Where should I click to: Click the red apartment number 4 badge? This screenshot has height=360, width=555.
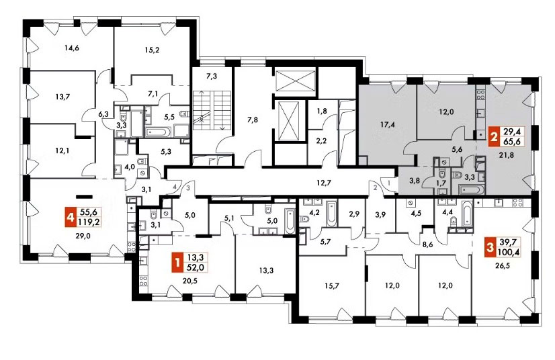(x=71, y=218)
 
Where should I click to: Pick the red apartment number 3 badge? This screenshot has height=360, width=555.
(x=490, y=246)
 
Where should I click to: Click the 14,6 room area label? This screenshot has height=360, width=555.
(x=71, y=48)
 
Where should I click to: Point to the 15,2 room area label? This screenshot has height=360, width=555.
(x=153, y=50)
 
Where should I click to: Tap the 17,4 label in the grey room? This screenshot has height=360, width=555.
(x=388, y=125)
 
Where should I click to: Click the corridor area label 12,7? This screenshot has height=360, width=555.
(x=323, y=183)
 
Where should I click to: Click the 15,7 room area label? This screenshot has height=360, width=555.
(x=332, y=286)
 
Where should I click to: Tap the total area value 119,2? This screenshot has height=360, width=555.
(x=89, y=222)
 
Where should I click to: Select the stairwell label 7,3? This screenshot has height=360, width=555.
(x=211, y=77)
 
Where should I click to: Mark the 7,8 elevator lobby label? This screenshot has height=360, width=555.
(x=253, y=120)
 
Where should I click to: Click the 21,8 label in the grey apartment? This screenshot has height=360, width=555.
(x=505, y=154)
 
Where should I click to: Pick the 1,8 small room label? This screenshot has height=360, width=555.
(x=321, y=111)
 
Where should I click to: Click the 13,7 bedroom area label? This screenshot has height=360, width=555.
(x=62, y=96)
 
